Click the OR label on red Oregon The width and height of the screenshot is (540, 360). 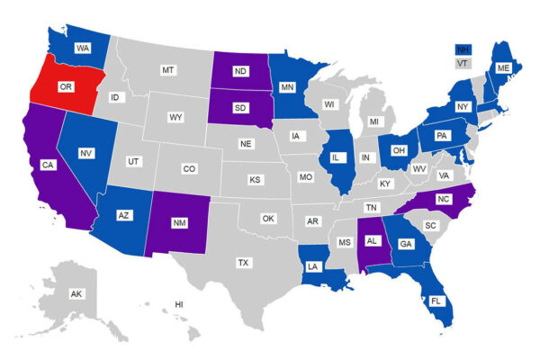(65, 87)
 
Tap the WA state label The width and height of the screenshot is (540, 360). (82, 47)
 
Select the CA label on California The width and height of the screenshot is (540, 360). (49, 165)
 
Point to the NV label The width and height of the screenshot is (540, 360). (86, 154)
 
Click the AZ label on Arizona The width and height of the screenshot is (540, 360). (125, 216)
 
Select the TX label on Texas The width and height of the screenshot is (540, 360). (243, 263)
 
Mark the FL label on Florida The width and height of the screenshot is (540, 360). (436, 301)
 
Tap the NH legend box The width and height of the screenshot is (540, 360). (462, 49)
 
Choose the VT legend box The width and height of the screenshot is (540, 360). (462, 64)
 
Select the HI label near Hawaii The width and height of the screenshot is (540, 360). (179, 304)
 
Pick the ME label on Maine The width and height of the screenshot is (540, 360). (503, 67)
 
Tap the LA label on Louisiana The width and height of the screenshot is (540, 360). (311, 266)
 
